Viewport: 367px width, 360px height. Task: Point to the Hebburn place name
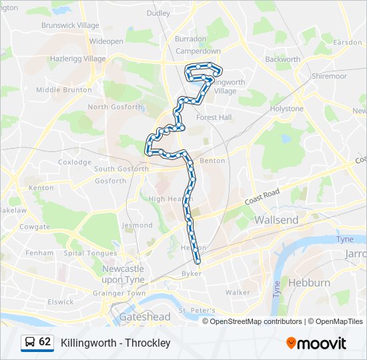pos(309,283)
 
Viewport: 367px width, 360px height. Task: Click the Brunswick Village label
pos(69,25)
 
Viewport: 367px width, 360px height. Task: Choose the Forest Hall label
pos(214,117)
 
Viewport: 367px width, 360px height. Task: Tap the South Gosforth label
pos(121,169)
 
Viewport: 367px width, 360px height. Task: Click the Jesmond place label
pos(137,225)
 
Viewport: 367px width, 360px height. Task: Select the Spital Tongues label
pos(90,253)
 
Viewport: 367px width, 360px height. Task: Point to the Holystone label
pos(287,109)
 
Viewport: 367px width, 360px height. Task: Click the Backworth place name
pos(282,59)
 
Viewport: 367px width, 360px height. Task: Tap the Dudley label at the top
pos(159,13)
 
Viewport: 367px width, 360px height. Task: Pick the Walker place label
pos(238,292)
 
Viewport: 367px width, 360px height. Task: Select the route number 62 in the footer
pos(45,342)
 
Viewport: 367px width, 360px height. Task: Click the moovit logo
pos(316,343)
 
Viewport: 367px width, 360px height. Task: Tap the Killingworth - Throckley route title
pos(115,343)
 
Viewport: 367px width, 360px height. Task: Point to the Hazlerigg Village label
pos(77,59)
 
